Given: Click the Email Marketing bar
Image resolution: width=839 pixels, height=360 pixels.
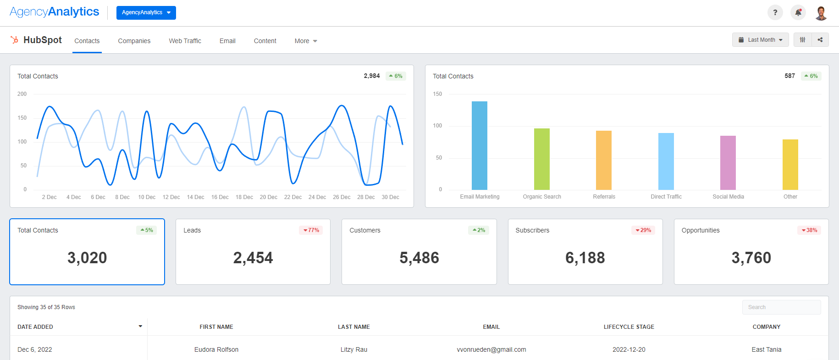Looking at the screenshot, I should pos(480,146).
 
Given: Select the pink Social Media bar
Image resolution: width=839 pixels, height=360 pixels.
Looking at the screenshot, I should pos(728,163).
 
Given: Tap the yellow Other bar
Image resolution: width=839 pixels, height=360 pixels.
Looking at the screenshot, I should pos(790,165).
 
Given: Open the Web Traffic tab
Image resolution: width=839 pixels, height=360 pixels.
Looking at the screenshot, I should pos(185,41).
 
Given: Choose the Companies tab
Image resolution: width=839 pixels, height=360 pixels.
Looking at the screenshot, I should pos(134,41).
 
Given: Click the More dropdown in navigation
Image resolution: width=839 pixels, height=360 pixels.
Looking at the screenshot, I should pos(305,41).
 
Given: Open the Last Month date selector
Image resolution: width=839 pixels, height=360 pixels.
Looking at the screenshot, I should pos(760,40).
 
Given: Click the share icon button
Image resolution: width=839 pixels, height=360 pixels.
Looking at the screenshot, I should pos(820,40).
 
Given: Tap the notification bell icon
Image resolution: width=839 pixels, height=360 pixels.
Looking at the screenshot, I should pos(798,12).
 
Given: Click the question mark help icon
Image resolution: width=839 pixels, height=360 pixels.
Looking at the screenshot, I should pos(775,12).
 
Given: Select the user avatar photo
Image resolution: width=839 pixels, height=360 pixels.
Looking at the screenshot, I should pos(821,13).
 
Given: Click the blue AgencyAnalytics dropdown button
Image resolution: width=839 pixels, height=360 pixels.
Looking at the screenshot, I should pos(146,12).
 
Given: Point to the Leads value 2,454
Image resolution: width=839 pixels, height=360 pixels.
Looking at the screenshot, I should pos(253,258).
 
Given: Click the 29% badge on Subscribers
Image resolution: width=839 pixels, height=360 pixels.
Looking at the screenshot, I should pos(643,230).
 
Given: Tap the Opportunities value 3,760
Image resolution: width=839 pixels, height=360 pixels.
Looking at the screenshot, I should pos(751,258).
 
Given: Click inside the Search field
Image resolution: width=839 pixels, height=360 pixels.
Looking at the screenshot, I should pos(781,307).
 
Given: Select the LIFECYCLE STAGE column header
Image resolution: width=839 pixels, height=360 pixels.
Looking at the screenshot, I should pos(629,327).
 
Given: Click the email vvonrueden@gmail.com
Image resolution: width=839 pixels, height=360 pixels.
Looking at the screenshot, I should pos(491,349).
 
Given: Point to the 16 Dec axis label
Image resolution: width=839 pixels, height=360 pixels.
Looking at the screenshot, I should pos(220,197).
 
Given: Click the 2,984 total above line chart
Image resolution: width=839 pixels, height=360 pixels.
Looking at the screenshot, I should pos(371,76).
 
